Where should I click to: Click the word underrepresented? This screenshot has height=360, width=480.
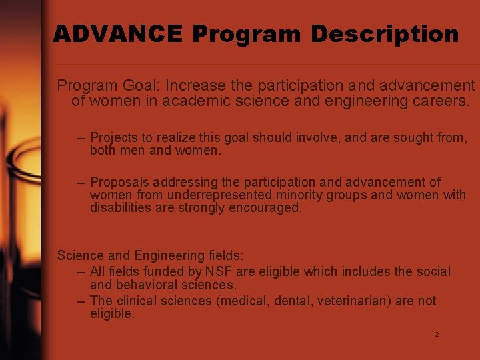220,195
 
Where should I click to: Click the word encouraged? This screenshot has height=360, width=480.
264,208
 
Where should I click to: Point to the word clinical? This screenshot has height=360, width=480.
137,301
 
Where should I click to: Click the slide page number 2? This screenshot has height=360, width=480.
437,335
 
